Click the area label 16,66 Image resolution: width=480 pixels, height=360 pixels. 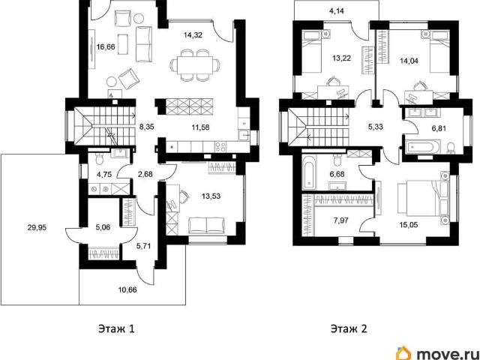[106, 46]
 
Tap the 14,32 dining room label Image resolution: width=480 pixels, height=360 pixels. [193, 35]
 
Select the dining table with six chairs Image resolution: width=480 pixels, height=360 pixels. [195, 65]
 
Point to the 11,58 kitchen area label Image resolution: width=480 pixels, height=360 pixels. [200, 127]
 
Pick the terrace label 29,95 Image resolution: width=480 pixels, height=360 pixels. [37, 227]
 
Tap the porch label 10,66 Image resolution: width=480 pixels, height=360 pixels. [127, 289]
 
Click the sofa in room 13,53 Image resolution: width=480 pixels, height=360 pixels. [207, 226]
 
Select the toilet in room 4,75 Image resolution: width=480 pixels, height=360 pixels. [99, 158]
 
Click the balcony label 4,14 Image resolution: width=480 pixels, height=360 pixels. [337, 11]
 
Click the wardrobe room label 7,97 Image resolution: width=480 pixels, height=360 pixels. [341, 220]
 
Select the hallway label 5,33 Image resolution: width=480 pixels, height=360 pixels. [375, 127]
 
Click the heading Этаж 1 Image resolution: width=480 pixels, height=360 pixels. [116, 329]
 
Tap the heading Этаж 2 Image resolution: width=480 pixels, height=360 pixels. [349, 329]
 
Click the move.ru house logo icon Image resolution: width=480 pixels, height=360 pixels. [404, 353]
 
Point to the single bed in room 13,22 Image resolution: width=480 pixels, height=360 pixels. [311, 50]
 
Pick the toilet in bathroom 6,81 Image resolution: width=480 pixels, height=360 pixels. [450, 148]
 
